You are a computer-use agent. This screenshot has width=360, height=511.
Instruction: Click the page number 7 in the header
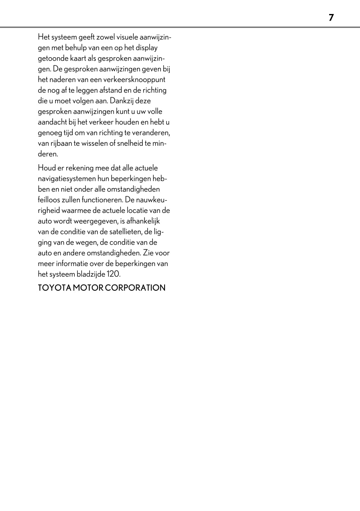pos(331,17)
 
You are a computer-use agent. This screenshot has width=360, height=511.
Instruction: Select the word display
pos(147,48)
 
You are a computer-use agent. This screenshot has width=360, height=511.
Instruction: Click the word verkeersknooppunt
pos(141,79)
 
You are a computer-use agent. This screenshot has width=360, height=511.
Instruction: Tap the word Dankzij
pos(122,101)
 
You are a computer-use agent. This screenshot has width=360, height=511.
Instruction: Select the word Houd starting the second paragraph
pos(46,168)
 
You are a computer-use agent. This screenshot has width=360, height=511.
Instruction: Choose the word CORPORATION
pos(135,288)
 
